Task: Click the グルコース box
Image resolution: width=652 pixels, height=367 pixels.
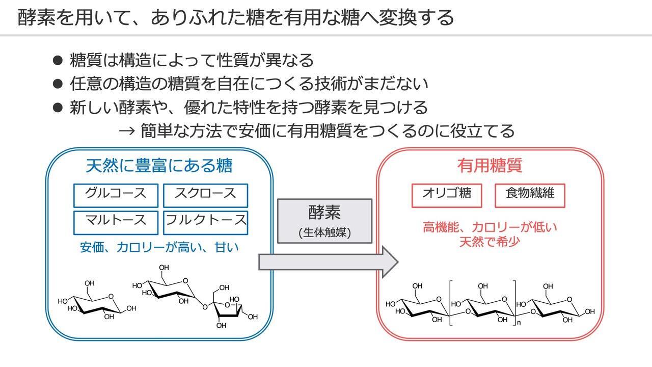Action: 116,195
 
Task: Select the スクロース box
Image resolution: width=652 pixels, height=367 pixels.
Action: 205,195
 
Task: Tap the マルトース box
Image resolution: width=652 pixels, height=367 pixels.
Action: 116,222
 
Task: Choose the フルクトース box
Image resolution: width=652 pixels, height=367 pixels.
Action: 205,222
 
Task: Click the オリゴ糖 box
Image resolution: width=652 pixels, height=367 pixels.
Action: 446,195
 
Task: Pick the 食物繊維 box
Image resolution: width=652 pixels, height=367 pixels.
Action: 530,195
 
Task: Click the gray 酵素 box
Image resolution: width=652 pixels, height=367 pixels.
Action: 324,220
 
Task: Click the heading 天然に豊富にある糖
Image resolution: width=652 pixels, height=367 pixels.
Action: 159,166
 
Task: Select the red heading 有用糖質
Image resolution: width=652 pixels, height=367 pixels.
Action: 490,166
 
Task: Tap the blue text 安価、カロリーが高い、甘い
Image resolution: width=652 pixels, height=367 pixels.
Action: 159,248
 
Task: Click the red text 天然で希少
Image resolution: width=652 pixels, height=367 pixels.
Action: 490,241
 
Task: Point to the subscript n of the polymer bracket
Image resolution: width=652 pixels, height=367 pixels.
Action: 519,323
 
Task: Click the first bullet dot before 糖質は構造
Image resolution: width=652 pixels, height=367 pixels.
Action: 58,60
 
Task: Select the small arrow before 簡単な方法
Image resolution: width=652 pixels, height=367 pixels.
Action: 126,131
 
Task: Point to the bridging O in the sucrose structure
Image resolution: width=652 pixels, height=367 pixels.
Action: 205,307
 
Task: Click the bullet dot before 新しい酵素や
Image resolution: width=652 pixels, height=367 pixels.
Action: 58,108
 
